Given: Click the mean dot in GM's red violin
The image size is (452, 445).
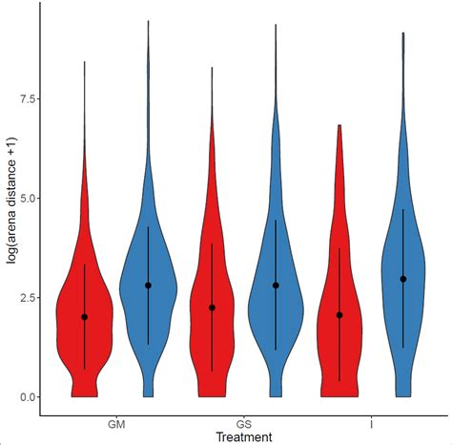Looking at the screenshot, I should (x=84, y=317).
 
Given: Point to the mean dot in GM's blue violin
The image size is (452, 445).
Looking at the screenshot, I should (x=148, y=286).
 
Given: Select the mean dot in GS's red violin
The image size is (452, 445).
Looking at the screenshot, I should (x=212, y=307).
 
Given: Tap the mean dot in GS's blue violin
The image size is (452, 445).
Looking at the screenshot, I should (x=276, y=286).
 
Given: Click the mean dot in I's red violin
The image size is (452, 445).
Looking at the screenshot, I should (x=339, y=315).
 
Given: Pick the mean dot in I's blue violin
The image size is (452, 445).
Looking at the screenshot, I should (x=403, y=279).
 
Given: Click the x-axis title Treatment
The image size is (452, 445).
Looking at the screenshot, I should (x=243, y=437).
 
